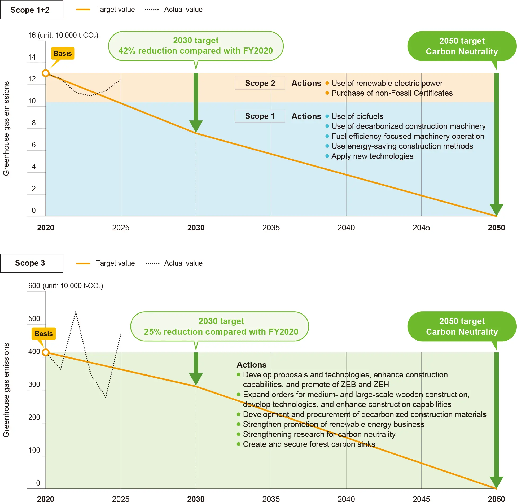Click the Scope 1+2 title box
31,10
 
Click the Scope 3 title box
31,263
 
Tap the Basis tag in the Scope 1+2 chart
63,53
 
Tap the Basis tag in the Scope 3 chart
44,334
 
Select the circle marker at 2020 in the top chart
46,73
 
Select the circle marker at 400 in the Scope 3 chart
46,352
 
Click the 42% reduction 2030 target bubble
196,46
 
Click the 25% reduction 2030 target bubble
221,326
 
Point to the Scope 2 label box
260,83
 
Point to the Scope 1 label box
260,116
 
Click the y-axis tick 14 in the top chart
32,57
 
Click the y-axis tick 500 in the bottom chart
34,319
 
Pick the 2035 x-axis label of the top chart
271,228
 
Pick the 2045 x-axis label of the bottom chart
421,499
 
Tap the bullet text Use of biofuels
357,116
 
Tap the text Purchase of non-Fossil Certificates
392,93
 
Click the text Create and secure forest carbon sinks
309,444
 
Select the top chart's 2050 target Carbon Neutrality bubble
462,46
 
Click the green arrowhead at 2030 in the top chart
196,126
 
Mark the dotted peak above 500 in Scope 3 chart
76,312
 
